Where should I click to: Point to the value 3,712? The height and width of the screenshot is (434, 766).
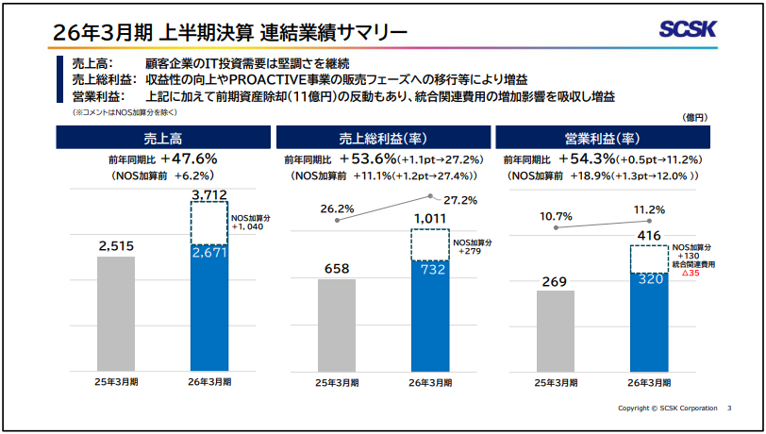[209, 195]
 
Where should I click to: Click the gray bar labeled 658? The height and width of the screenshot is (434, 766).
[337, 321]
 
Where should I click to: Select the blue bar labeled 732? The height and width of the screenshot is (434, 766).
[429, 316]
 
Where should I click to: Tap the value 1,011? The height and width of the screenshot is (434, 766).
[429, 218]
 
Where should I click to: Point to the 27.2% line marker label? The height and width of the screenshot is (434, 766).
[460, 200]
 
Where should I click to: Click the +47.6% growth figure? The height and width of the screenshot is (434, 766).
[189, 159]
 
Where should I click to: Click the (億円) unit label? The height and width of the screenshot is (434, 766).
[693, 117]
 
